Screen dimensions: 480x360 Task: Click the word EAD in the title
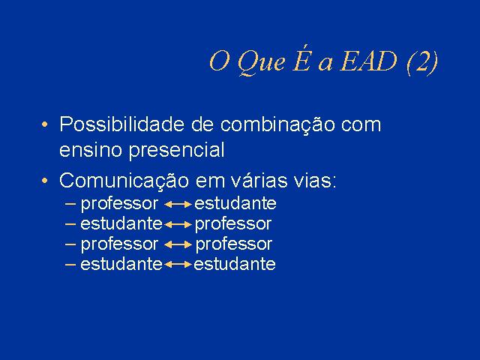[x=368, y=61]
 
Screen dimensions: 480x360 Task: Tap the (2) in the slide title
[x=422, y=62]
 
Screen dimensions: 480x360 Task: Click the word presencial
[x=177, y=151]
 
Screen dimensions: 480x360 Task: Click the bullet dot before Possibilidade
[x=45, y=125]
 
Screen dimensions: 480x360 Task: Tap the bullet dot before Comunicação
[x=45, y=181]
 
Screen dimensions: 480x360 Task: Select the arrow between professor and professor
[x=178, y=244]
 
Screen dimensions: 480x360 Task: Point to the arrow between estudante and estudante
[x=178, y=264]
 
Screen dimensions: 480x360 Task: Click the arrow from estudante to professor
[x=178, y=225]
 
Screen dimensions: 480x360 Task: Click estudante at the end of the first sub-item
[x=235, y=203]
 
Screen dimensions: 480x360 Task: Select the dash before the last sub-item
[x=70, y=264]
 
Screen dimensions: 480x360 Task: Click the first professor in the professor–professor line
[x=119, y=245]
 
